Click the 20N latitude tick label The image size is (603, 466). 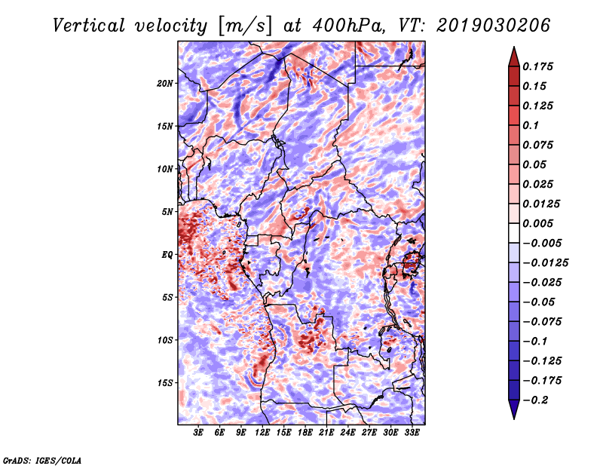point(165,83)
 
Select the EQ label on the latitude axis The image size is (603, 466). point(167,255)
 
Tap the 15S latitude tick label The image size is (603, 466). point(165,383)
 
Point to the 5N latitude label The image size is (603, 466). point(167,212)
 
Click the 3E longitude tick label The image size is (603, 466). point(198,433)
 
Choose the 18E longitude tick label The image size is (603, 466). point(305,433)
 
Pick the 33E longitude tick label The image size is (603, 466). point(412,433)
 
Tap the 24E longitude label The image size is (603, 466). point(347,433)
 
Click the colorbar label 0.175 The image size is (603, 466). point(537,66)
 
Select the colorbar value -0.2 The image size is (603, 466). point(535,400)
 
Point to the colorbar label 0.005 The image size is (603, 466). point(537,223)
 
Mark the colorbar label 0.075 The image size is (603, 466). point(537,145)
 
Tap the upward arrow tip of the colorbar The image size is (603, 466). point(514,47)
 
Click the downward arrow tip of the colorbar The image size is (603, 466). point(514,418)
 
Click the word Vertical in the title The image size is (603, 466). point(89,26)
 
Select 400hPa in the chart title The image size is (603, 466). point(348,26)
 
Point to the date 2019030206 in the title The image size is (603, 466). point(493,26)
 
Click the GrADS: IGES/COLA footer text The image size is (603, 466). point(42,460)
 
